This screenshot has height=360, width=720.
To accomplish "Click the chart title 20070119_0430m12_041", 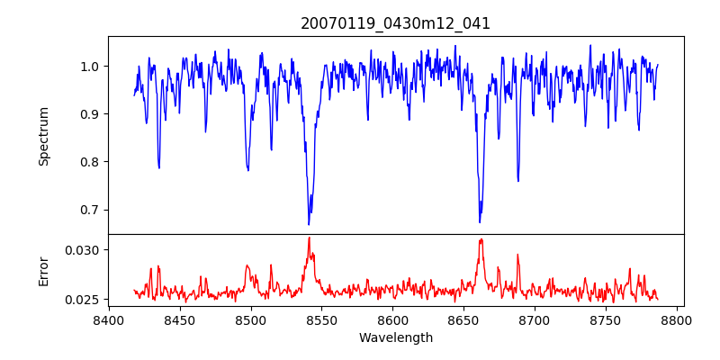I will point(395,23).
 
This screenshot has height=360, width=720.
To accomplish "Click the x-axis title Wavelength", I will point(395,337).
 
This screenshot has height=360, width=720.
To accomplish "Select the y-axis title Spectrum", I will point(43,136).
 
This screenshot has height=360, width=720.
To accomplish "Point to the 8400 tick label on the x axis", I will point(109,319).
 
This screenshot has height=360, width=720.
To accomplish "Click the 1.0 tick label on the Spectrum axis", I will point(92,67).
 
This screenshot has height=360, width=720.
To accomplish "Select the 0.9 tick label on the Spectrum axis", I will point(92,114).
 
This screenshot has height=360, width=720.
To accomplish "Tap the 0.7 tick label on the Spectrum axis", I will point(92,210).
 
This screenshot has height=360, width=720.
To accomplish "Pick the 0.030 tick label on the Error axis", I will point(85,249).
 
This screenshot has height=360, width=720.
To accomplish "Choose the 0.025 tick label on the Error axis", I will point(85,299).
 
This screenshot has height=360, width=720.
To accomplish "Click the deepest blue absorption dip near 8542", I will point(309,223).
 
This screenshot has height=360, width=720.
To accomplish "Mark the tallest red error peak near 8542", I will point(309,238).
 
